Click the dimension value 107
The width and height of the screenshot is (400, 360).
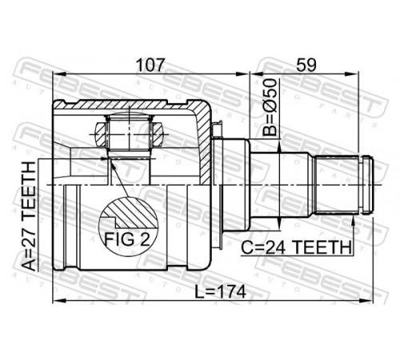click(x=149, y=65)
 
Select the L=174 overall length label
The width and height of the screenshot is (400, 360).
click(x=220, y=291)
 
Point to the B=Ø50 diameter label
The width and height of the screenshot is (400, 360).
click(x=269, y=107)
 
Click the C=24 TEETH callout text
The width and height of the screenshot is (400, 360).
click(x=296, y=247)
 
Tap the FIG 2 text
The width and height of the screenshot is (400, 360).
click(x=127, y=239)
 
